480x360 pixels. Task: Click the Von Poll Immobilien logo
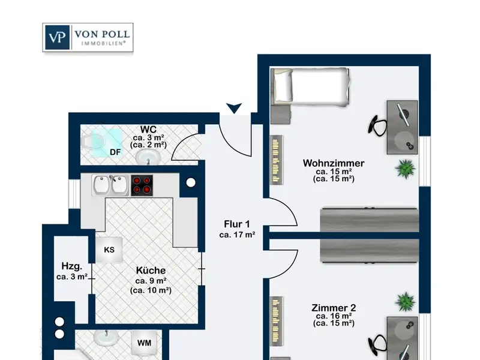tap(88, 37)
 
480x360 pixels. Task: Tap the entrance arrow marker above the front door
tap(234, 109)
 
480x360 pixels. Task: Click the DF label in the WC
tap(115, 152)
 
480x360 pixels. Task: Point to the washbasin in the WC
tap(148, 157)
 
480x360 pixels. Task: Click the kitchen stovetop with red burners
tap(142, 185)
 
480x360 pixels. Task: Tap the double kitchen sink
tap(111, 185)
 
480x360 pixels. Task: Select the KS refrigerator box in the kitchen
tap(109, 250)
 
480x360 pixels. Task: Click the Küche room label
tap(151, 271)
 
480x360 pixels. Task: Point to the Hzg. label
tap(72, 266)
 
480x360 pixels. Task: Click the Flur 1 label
tap(237, 224)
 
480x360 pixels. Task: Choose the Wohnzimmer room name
tap(334, 163)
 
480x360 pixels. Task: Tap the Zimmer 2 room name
tap(334, 308)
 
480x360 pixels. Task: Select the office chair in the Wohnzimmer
tap(378, 125)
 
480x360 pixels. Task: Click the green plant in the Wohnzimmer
tap(406, 169)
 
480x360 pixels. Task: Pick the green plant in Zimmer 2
tap(406, 302)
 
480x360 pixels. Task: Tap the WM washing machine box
tap(144, 343)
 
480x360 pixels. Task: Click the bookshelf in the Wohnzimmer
tap(277, 160)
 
